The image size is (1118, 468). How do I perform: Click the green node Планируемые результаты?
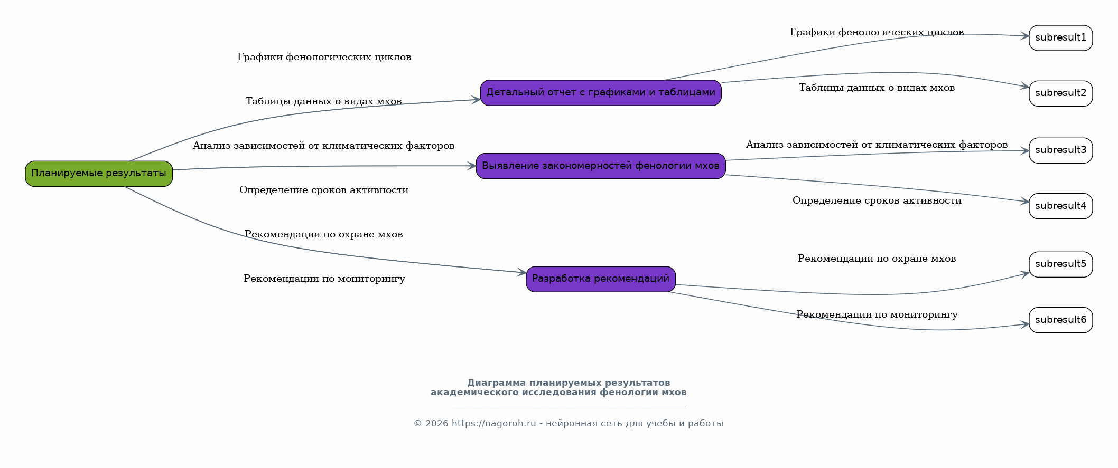[99, 174]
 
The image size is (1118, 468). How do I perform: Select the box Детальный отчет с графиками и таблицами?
[601, 93]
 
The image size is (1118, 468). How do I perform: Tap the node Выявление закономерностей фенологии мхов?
[601, 166]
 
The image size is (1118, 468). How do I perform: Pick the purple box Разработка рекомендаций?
[601, 279]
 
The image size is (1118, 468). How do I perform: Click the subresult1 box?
[1061, 38]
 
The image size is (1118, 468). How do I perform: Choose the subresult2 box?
[1061, 93]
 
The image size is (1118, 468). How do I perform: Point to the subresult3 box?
[1061, 150]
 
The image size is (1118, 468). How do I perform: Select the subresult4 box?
[1061, 206]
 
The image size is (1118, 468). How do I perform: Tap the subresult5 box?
[1061, 264]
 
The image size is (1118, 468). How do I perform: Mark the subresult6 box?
[1061, 320]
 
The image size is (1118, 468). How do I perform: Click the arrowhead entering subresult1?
[1024, 36]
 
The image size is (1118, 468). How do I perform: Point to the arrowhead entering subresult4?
[1024, 201]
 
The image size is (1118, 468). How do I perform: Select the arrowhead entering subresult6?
[1024, 324]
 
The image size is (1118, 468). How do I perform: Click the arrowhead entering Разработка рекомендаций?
[521, 272]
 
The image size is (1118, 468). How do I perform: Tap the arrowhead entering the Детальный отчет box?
[476, 100]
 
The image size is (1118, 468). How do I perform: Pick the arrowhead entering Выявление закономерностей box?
[471, 166]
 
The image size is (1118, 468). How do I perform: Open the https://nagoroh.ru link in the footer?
[493, 424]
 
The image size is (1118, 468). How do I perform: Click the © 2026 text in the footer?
[431, 424]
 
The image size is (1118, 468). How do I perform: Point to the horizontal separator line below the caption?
[569, 407]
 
